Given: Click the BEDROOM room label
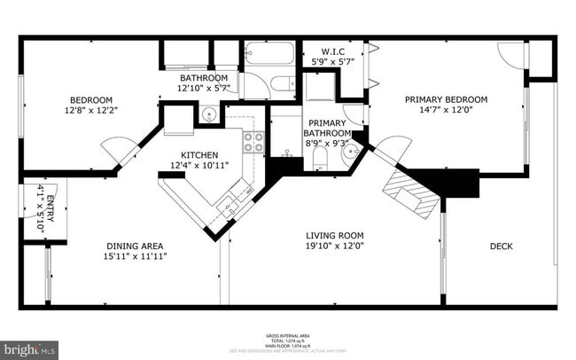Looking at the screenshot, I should point(92,99).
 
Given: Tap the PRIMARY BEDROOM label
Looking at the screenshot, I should point(447,99).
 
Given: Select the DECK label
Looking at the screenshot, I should point(502,246).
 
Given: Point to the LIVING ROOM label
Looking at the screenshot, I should point(335,235).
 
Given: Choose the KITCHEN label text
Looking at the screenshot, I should point(199,154).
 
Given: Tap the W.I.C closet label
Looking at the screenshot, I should point(333,51).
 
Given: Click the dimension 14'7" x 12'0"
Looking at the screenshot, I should point(447,110).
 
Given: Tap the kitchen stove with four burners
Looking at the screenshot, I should point(253,143).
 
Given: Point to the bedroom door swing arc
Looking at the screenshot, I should point(116,148).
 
